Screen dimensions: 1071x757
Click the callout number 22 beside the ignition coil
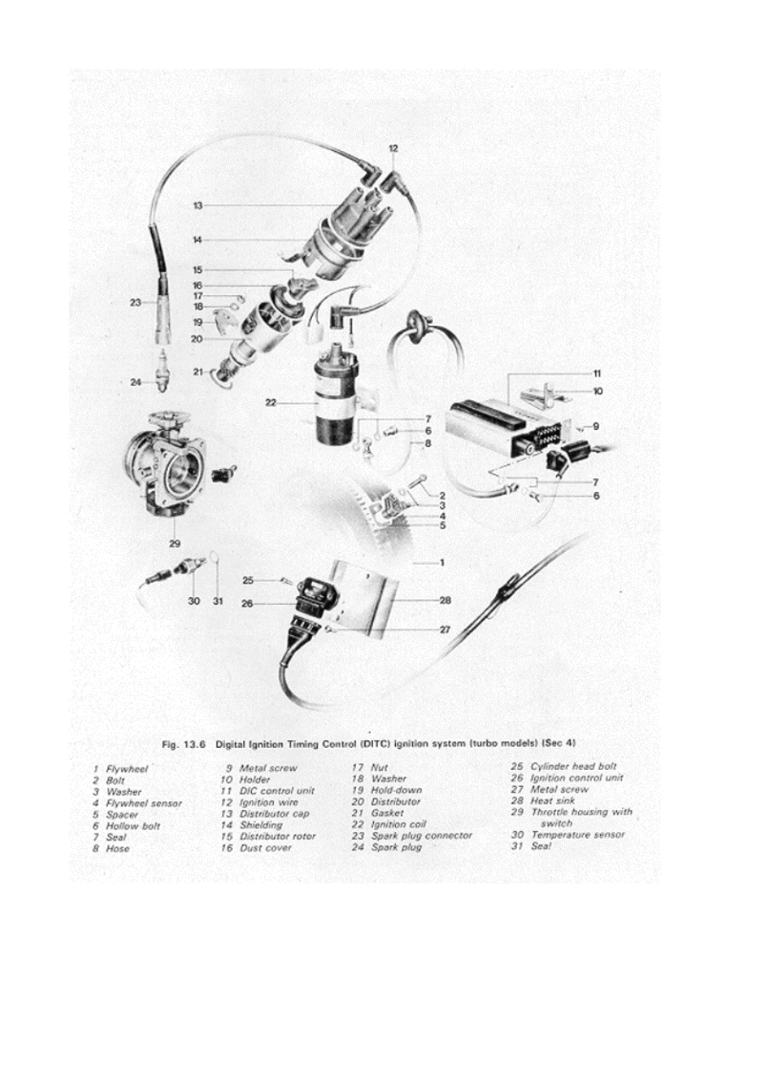click(x=270, y=403)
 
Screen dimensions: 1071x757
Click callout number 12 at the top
click(x=393, y=148)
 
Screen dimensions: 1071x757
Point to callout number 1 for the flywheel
click(x=442, y=562)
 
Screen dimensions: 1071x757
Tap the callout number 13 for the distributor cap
click(x=197, y=205)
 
